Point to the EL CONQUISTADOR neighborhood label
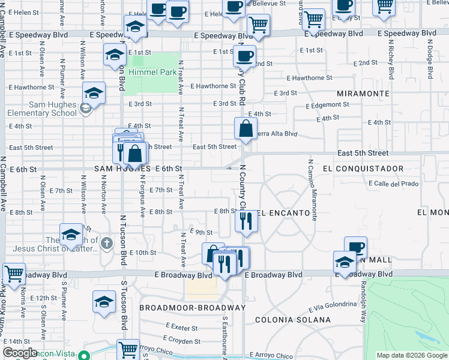coord(363,169)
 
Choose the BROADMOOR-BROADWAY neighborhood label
coord(193,307)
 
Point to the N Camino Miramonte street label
coord(312,190)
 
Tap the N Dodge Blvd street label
coord(430,59)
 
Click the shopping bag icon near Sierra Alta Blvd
coord(246,129)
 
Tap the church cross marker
coord(107,243)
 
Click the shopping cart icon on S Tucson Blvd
coord(128,350)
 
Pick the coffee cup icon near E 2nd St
coord(244,57)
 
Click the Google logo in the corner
coord(20,353)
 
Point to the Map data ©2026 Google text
coord(412,355)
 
